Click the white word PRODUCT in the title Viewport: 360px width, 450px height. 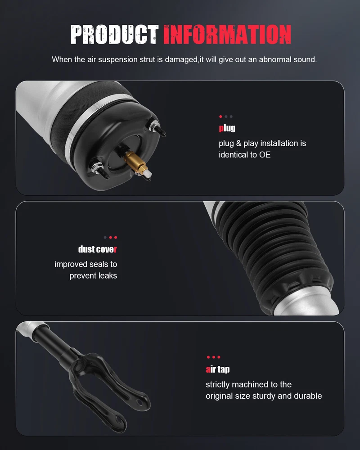coord(114,35)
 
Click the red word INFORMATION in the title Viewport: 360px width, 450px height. coord(227,35)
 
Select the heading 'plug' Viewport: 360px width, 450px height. coord(227,128)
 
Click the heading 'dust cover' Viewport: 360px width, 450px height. coord(97,249)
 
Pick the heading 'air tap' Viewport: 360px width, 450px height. coord(218,369)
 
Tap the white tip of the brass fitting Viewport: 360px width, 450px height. coord(148,173)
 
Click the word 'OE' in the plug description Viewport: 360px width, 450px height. coord(265,155)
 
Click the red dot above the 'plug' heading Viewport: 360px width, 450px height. coord(220,117)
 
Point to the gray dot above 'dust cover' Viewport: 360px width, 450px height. coord(105,237)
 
